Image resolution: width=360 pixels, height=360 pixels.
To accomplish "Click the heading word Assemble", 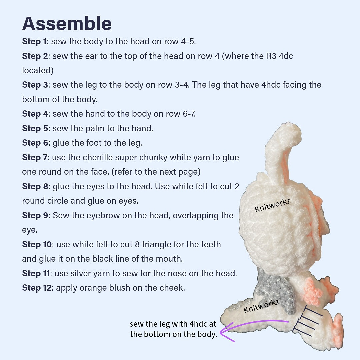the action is pyautogui.click(x=67, y=23).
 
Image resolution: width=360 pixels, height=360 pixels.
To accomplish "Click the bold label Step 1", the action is pyautogui.click(x=34, y=42).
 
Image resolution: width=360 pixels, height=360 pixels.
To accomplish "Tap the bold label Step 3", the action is pyautogui.click(x=35, y=85).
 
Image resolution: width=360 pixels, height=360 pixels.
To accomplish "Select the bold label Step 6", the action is pyautogui.click(x=35, y=143).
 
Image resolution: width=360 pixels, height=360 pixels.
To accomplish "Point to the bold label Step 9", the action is pyautogui.click(x=35, y=215).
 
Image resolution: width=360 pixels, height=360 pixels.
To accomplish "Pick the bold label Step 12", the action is pyautogui.click(x=37, y=288).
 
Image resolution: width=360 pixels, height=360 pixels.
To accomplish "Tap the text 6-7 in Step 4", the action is pyautogui.click(x=188, y=114).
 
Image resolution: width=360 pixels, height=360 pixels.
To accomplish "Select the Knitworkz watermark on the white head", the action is pyautogui.click(x=273, y=205).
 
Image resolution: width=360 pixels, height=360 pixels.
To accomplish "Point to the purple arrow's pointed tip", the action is pyautogui.click(x=220, y=332).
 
